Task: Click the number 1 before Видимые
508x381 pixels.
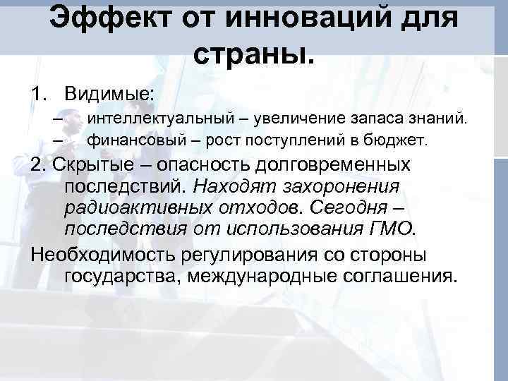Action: (36, 93)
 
